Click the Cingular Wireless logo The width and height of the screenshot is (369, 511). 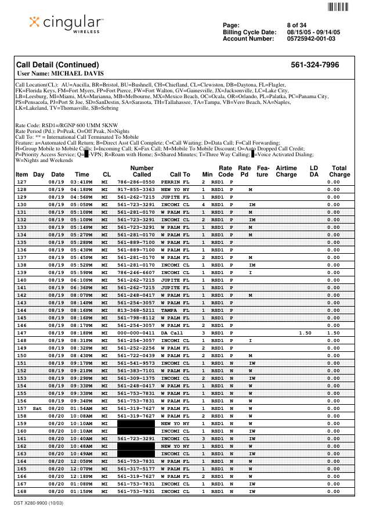66,24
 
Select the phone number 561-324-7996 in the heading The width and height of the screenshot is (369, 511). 315,64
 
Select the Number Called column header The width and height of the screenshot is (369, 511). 142,171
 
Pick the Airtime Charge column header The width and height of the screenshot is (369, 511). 286,171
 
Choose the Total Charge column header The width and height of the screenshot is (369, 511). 339,171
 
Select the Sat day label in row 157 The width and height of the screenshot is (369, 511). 38,408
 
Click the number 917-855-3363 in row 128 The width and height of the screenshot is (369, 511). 136,189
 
